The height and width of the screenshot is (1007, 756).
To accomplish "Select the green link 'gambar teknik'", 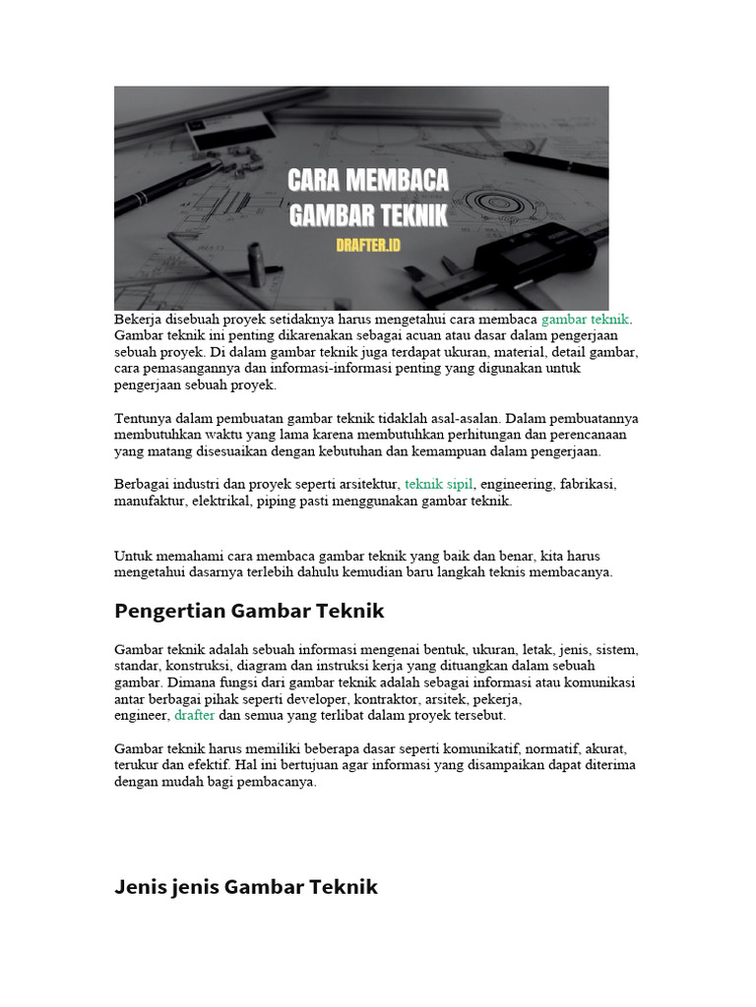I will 586,320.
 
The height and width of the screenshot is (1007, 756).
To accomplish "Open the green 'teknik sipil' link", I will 439,485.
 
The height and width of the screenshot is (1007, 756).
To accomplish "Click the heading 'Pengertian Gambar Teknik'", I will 249,612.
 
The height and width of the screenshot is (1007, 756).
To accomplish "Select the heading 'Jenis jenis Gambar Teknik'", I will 246,887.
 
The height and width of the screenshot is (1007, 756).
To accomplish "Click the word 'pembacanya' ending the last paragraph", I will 283,782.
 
